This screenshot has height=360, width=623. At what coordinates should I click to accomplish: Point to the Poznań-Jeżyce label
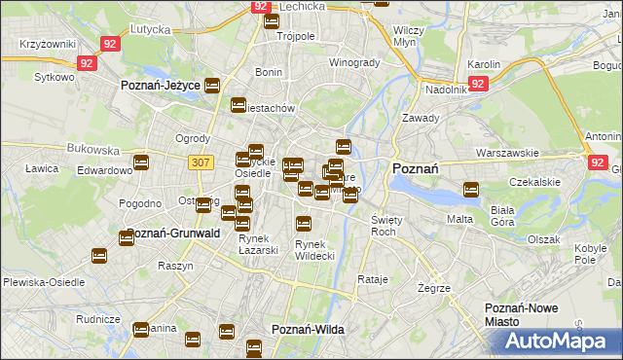coord(161,86)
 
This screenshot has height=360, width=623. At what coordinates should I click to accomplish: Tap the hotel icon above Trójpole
coord(271,20)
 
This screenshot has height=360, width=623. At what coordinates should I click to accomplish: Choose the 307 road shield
coord(201,162)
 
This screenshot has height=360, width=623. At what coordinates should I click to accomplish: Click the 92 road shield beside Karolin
coord(477,85)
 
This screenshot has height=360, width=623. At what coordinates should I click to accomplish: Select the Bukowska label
coord(93,151)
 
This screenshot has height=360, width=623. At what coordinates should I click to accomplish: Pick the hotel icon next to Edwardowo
coord(141,162)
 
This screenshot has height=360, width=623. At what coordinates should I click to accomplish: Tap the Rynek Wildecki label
coord(314,249)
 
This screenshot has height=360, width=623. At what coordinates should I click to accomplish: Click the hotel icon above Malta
coord(471,190)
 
